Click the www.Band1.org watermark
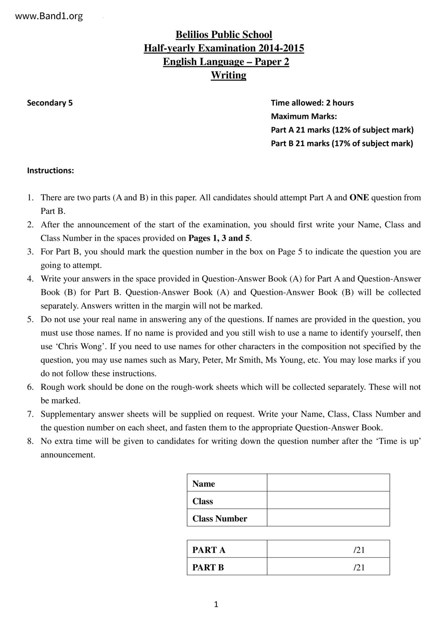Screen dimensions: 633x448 coord(49,16)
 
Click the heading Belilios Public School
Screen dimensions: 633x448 coord(224,35)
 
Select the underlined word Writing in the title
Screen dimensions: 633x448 coord(228,75)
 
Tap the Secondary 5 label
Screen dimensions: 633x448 coord(50,103)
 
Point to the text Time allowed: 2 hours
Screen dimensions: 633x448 coord(312,103)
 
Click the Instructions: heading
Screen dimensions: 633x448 coord(51,170)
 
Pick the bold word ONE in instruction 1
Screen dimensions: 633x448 coord(359,197)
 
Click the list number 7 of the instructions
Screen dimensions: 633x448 coord(30,414)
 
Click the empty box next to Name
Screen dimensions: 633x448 coord(328,483)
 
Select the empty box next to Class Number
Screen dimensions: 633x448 coord(328,518)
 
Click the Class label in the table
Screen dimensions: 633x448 coord(203,501)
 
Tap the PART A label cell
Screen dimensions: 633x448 coord(209,550)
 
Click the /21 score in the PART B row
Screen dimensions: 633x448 coord(359,567)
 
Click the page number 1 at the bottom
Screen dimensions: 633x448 coord(216,604)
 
